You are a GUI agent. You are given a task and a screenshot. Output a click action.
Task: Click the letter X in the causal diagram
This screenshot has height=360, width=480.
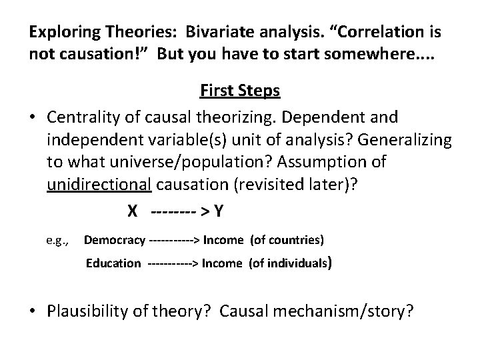[x=133, y=211]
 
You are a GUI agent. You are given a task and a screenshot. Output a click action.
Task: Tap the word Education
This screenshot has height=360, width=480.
[x=113, y=263]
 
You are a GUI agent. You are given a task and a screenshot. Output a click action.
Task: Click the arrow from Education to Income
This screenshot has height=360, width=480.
[x=173, y=263]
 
